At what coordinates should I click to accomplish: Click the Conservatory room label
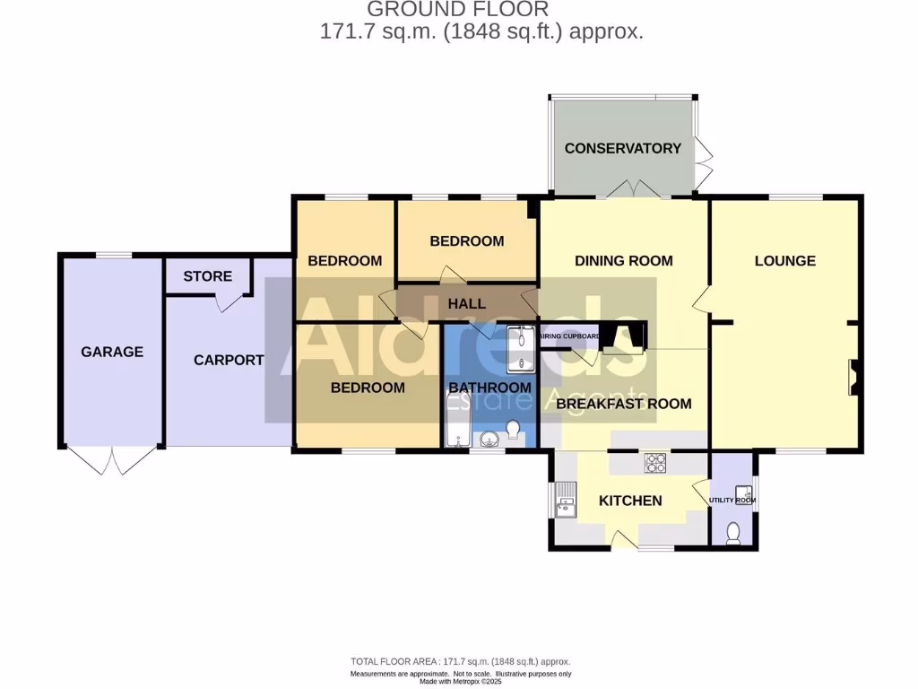pyautogui.click(x=622, y=148)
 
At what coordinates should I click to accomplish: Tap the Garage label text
pyautogui.click(x=112, y=352)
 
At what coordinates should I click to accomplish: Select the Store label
pyautogui.click(x=207, y=276)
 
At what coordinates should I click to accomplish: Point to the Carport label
pyautogui.click(x=229, y=360)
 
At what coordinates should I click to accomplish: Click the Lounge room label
pyautogui.click(x=784, y=261)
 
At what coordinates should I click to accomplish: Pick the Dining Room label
pyautogui.click(x=623, y=261)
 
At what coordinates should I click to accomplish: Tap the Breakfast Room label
pyautogui.click(x=623, y=404)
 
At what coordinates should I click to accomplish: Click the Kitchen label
pyautogui.click(x=630, y=501)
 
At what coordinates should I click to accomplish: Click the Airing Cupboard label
pyautogui.click(x=570, y=337)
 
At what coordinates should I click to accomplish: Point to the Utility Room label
pyautogui.click(x=728, y=501)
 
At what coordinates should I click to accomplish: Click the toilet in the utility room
pyautogui.click(x=732, y=533)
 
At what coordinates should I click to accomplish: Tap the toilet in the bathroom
pyautogui.click(x=514, y=431)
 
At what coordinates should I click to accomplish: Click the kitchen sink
pyautogui.click(x=566, y=501)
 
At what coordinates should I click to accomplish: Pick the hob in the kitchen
pyautogui.click(x=656, y=463)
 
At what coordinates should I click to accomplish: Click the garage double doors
pyautogui.click(x=112, y=461)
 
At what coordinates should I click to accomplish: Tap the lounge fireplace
pyautogui.click(x=853, y=377)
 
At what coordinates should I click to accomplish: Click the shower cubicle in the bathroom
pyautogui.click(x=520, y=349)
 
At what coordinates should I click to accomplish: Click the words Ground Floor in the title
pyautogui.click(x=458, y=10)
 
